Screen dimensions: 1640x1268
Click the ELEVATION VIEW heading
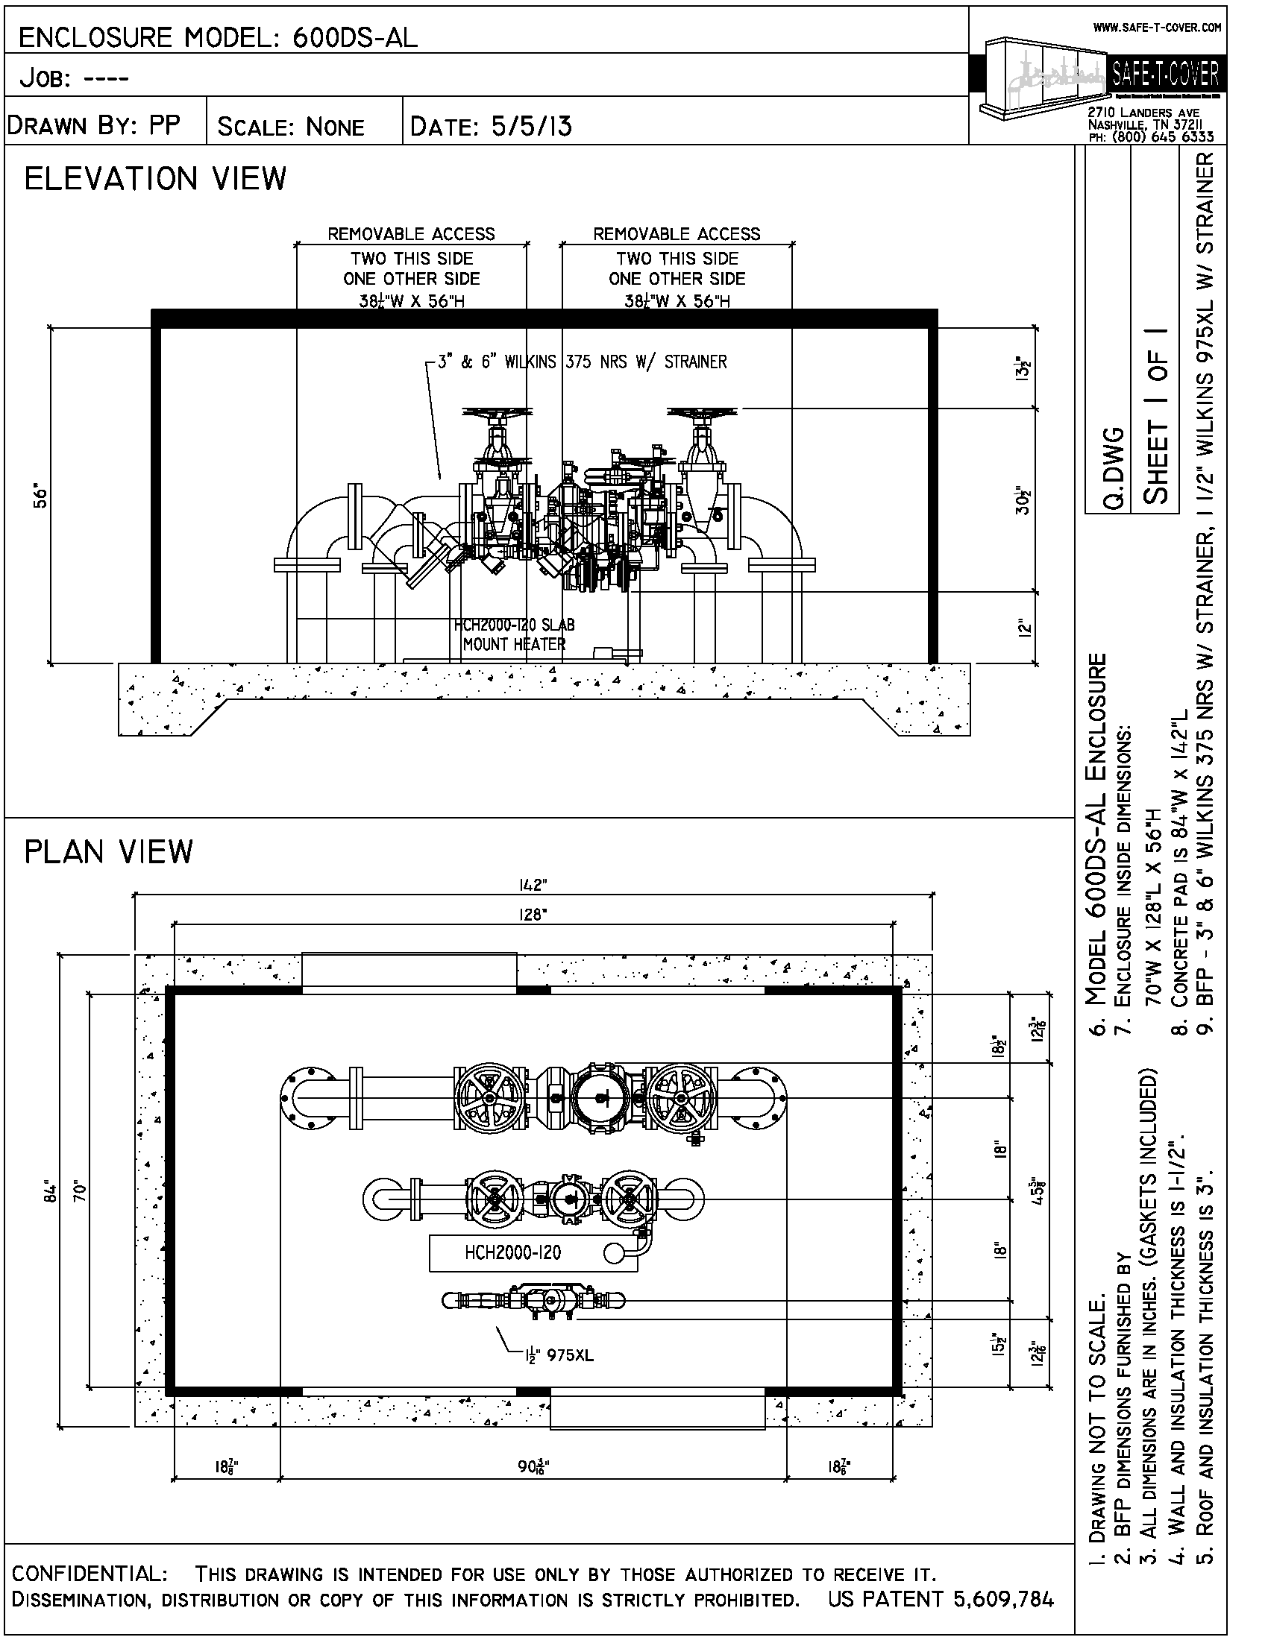click(155, 180)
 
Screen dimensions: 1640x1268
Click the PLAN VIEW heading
click(109, 851)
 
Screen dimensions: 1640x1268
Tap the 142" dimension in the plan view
click(533, 886)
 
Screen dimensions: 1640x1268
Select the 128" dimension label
click(533, 915)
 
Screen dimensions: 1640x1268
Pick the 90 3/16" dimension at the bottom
click(533, 1466)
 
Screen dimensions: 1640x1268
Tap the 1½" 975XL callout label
click(559, 1355)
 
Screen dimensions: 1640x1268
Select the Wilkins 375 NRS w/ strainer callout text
click(583, 362)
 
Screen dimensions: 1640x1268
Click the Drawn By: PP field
click(95, 125)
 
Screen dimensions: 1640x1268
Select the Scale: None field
click(291, 127)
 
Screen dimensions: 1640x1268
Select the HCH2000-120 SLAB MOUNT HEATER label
click(515, 634)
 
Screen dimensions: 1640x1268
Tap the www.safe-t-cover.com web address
click(1157, 28)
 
